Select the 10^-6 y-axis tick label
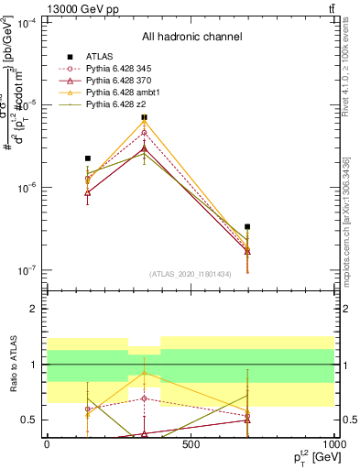(27, 188)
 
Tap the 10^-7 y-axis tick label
(27, 270)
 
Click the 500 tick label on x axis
(191, 444)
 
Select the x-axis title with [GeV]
(308, 458)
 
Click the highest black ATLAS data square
(144, 117)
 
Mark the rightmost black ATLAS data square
(247, 226)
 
